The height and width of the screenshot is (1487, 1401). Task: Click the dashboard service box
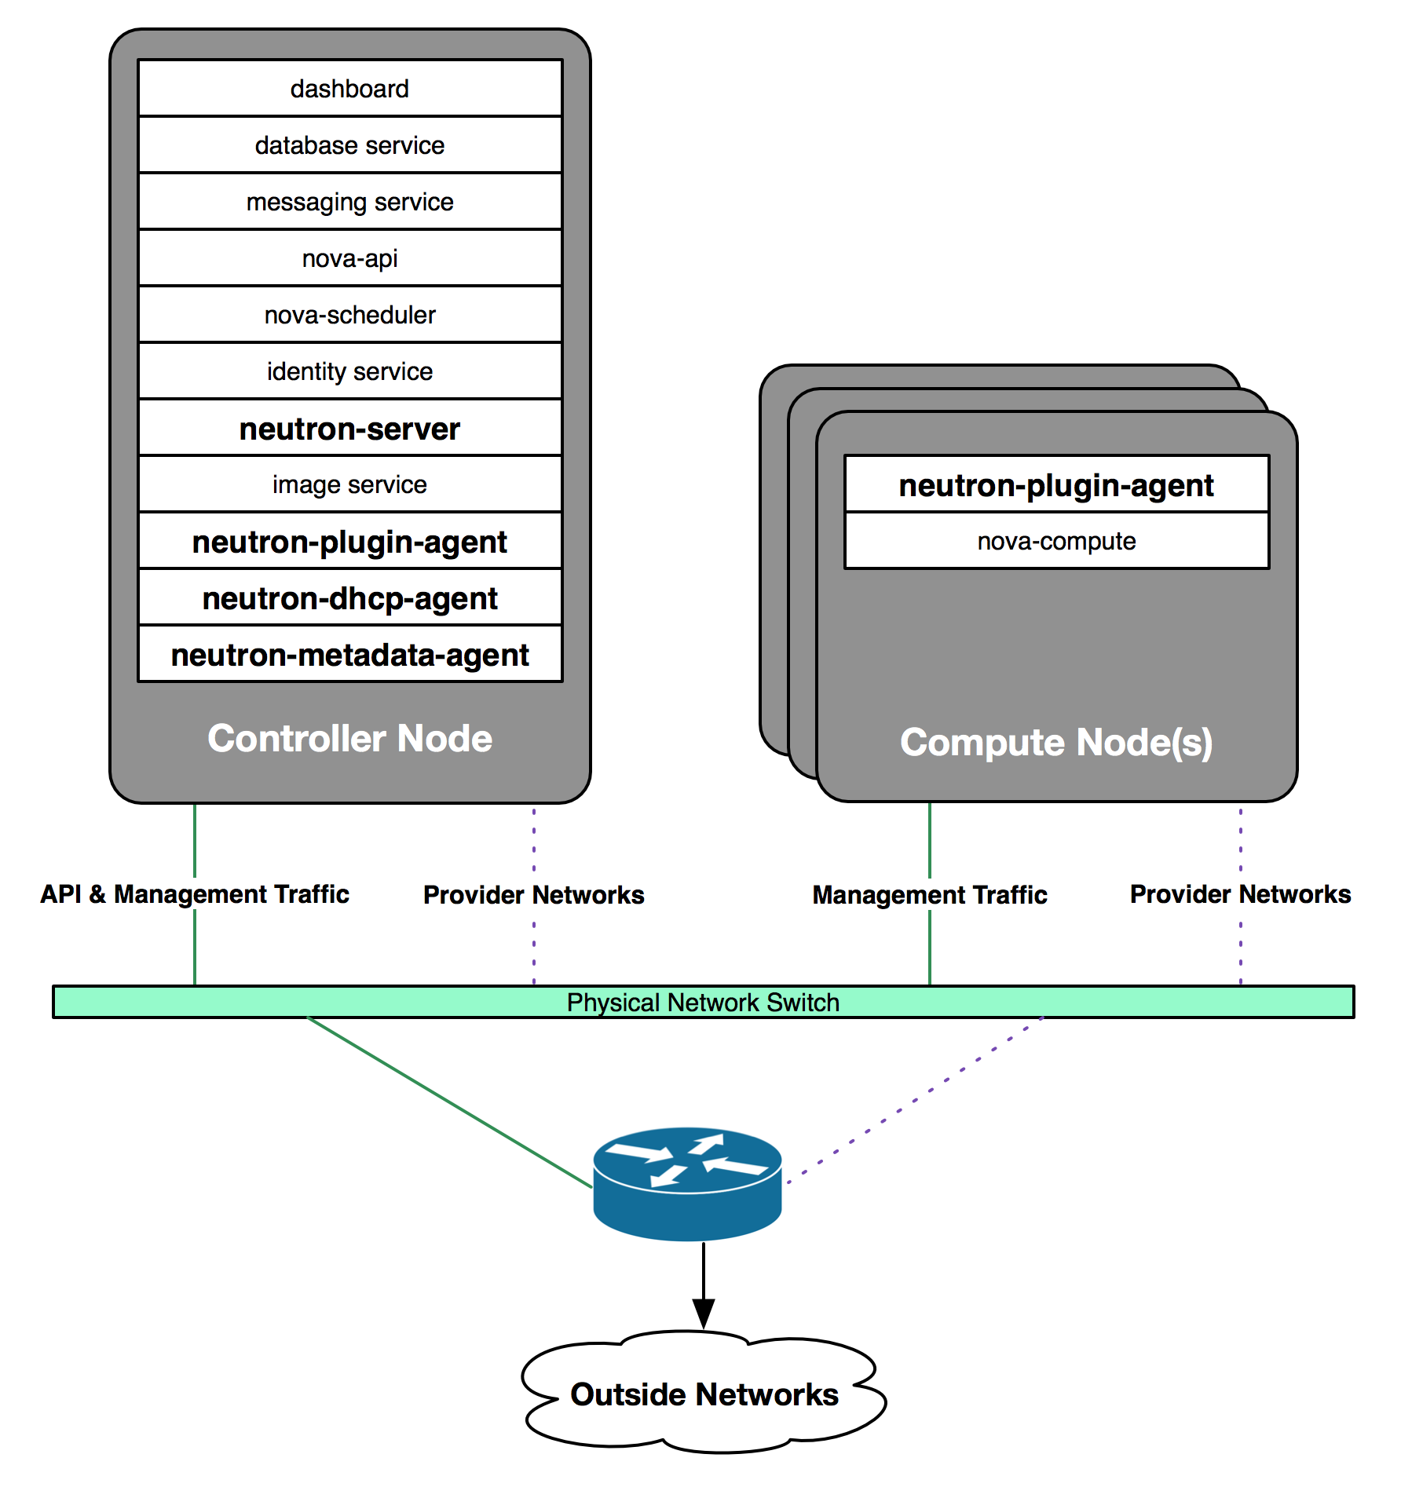[350, 88]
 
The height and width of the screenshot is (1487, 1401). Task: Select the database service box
[350, 144]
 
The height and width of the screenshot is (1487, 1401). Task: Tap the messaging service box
[350, 201]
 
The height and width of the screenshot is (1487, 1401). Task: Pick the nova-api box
[350, 258]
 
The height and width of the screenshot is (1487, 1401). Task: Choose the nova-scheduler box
[350, 314]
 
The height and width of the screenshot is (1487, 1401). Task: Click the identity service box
[350, 371]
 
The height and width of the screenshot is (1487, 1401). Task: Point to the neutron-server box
[350, 428]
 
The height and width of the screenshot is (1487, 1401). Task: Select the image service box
[350, 484]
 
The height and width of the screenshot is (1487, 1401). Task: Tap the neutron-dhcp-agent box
[350, 597]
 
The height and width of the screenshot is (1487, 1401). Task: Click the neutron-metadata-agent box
[350, 654]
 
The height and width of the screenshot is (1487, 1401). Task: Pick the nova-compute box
[1057, 541]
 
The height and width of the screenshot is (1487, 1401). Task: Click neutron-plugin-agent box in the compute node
[1057, 484]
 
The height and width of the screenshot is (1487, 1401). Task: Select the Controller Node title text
[350, 739]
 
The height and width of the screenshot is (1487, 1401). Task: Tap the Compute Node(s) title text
[1057, 743]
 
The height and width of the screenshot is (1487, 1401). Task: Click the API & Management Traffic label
[195, 894]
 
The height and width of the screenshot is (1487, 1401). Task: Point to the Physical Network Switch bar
[704, 1002]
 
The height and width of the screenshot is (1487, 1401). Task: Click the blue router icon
[687, 1183]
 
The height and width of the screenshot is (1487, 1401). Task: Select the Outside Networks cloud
[704, 1392]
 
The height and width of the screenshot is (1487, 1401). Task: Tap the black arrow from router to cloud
[704, 1286]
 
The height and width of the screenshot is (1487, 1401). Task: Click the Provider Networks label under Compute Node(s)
[1241, 894]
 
